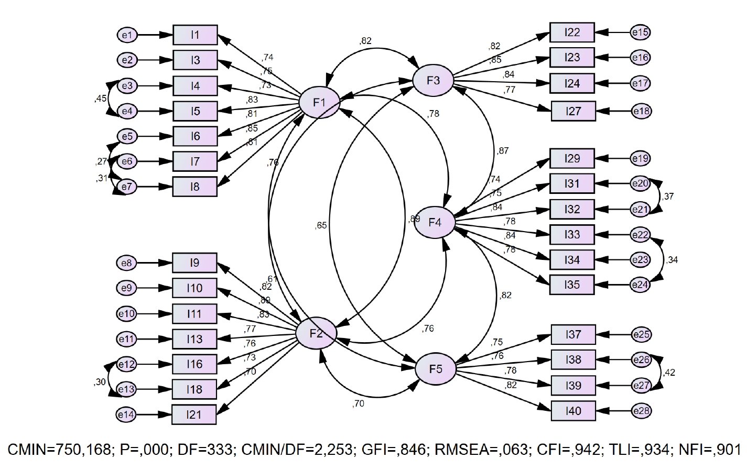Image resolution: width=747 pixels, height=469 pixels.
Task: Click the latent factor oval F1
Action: point(319,103)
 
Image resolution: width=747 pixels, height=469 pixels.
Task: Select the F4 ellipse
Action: point(435,222)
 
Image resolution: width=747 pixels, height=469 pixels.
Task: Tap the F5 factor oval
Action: point(436,369)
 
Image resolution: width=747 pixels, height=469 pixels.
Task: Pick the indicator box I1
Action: point(195,35)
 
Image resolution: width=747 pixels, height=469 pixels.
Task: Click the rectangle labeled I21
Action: point(194,415)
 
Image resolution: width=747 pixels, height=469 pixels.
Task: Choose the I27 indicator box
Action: point(573,111)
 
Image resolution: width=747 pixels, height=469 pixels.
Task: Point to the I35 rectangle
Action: point(572,285)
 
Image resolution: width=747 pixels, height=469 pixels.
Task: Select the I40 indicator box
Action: point(573,410)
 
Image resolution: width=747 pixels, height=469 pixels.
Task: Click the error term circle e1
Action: point(127,35)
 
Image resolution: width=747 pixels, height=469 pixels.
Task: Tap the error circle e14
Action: point(126,415)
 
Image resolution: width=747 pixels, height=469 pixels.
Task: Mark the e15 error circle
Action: point(640,32)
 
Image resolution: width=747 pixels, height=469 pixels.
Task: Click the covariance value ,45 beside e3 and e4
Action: point(101,99)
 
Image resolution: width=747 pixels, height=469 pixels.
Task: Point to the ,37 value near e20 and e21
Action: point(667,197)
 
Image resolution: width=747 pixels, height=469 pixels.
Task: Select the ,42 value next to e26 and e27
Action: point(668,373)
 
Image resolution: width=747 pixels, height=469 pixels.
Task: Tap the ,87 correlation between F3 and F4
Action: point(503,151)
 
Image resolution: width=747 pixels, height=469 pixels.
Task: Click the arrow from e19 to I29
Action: point(613,158)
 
